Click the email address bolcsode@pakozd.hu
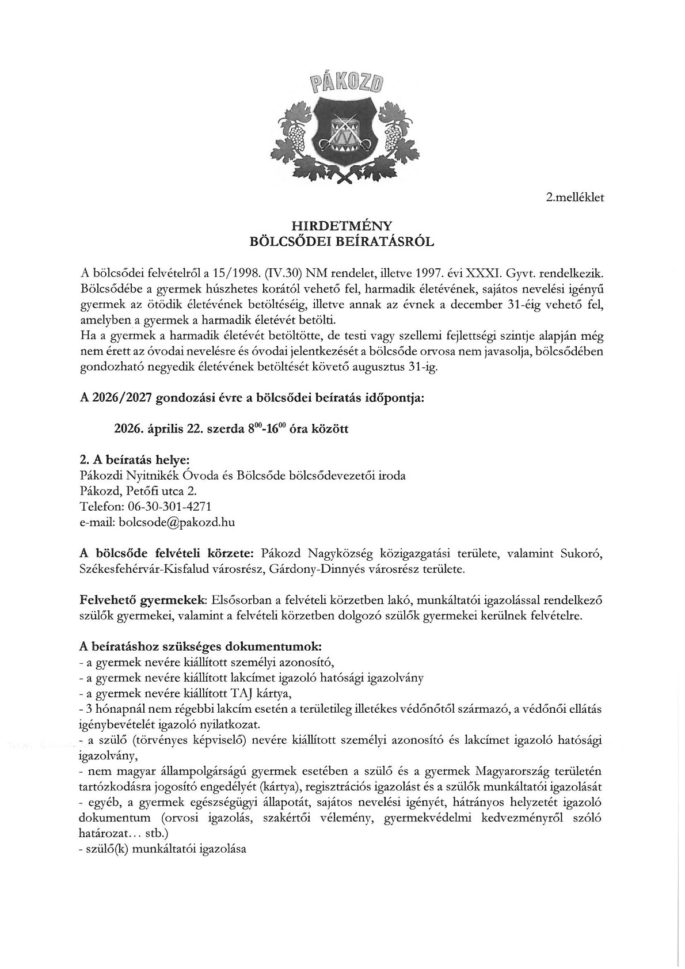click(x=177, y=522)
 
